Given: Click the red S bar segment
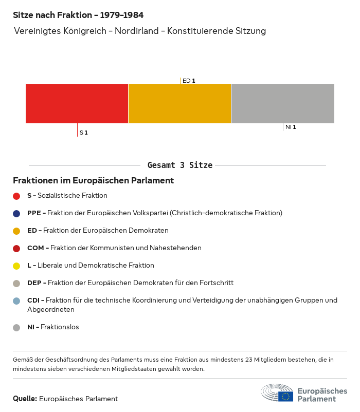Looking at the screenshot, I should point(77,104).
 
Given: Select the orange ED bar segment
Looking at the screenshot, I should point(179,104).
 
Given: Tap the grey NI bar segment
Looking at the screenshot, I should point(282,104).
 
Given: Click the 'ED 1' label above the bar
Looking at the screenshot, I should point(189,81).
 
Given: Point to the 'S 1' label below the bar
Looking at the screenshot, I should point(83,133).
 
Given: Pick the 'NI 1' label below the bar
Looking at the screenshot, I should point(291,127).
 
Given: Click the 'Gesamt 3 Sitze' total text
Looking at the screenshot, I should point(179,165).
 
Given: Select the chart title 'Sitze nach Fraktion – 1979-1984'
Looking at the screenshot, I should point(78,15).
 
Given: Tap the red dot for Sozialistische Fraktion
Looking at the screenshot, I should point(16,196).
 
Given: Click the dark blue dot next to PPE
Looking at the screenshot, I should point(16,213).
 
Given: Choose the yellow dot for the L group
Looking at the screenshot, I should point(16,266).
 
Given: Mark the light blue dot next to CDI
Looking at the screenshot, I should point(16,301).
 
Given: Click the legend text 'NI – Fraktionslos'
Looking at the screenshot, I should point(53,327).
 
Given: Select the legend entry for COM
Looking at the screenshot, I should point(114,248).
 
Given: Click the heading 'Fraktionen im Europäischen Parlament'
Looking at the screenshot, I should point(93,181).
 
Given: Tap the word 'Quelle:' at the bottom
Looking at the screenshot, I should point(25,399).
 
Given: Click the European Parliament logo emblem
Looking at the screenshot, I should point(277,393).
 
